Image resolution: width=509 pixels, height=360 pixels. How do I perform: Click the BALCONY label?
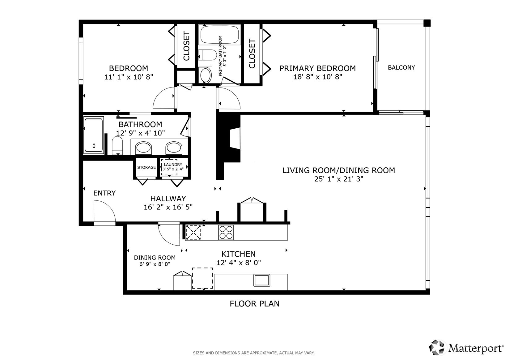tap(401, 67)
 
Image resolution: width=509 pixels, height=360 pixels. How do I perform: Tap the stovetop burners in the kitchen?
tap(226, 232)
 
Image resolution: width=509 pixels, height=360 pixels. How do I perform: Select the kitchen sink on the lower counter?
tap(262, 280)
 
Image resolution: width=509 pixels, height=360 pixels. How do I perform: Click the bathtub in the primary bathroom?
tap(220, 35)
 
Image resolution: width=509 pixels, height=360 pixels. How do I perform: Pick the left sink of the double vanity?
tap(144, 148)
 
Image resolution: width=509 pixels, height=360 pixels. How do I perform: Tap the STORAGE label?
tap(146, 167)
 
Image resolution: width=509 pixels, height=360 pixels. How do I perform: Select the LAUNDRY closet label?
tap(173, 165)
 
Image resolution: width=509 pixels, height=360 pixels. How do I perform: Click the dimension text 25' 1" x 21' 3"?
tap(339, 179)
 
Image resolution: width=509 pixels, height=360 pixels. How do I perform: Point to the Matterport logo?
tap(466, 348)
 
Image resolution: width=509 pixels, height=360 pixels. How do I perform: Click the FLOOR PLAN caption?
tap(254, 304)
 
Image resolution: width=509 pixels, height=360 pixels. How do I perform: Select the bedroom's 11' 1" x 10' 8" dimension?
tap(129, 77)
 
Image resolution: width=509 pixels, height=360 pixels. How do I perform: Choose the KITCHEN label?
tap(238, 254)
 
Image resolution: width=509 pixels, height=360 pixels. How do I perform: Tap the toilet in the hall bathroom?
tap(117, 145)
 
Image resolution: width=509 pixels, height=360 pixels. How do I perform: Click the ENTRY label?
tap(104, 193)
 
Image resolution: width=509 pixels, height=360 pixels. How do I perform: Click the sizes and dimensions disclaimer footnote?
tap(254, 353)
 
